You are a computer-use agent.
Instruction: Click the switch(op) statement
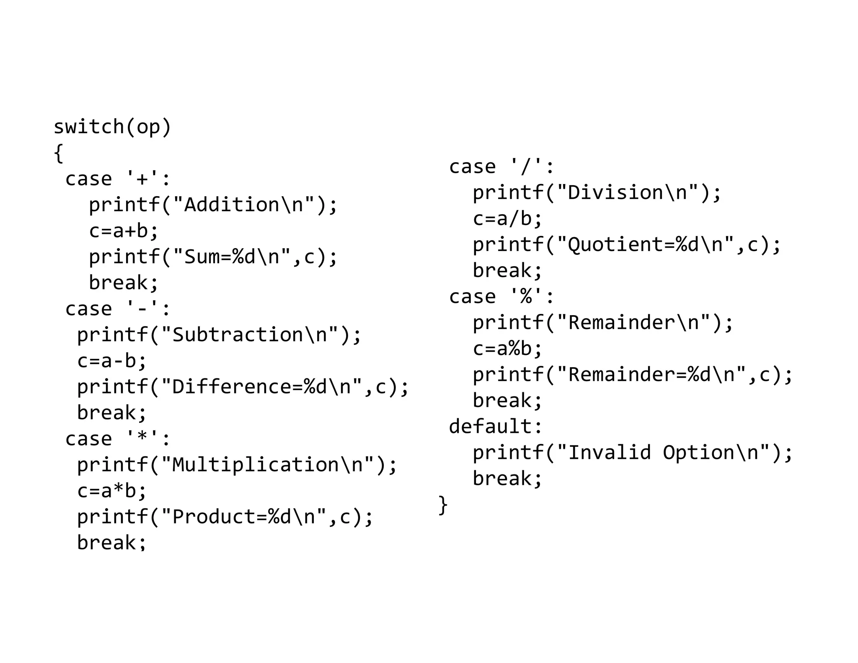112,127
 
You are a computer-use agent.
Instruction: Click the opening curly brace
59,153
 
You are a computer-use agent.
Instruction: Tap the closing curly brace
443,505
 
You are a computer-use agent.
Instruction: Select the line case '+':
118,179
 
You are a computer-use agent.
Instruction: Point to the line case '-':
118,309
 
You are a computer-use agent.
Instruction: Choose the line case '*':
118,439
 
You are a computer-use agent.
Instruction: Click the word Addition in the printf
232,205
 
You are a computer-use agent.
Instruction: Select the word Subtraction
238,335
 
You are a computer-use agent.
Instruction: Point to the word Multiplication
256,465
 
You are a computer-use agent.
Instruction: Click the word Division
615,193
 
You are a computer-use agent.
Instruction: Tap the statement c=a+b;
124,231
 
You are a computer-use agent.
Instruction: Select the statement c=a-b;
112,361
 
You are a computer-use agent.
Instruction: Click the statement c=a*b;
112,491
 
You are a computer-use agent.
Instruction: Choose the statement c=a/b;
507,219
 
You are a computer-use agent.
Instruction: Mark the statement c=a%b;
507,349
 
